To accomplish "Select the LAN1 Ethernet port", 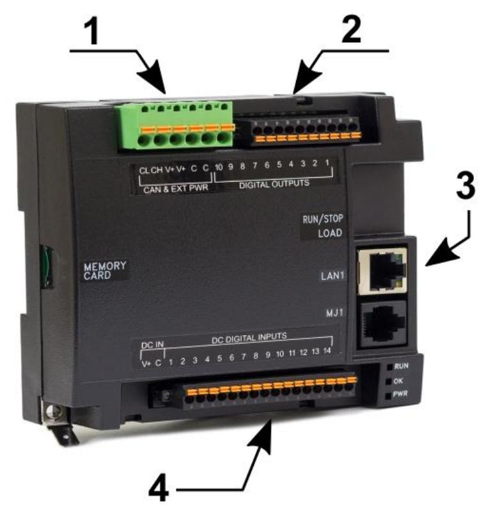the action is (383, 270).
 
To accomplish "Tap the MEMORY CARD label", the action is (104, 270).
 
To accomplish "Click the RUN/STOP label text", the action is (323, 219).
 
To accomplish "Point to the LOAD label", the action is (330, 233).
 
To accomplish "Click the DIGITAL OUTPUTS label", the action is (274, 184).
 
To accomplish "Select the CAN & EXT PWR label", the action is (176, 189).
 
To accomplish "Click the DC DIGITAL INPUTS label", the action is (249, 338).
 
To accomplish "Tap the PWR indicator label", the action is (400, 394).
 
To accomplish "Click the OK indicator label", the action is (398, 380).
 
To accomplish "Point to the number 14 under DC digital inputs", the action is (327, 350).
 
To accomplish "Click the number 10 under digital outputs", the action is (219, 167).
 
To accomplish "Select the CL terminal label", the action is (144, 171).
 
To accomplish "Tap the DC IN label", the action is (152, 345).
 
